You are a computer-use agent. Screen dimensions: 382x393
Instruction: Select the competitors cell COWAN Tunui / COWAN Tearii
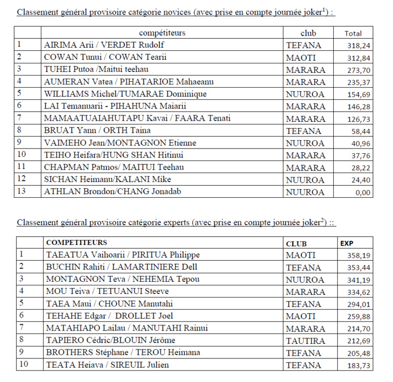105,58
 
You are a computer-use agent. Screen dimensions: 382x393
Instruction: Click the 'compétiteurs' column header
162,33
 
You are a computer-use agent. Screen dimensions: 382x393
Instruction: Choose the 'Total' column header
353,33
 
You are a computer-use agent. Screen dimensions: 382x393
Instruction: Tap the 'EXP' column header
347,243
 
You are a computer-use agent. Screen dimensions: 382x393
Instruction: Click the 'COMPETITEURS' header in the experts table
77,243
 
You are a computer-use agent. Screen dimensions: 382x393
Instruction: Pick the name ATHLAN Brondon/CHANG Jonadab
113,192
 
